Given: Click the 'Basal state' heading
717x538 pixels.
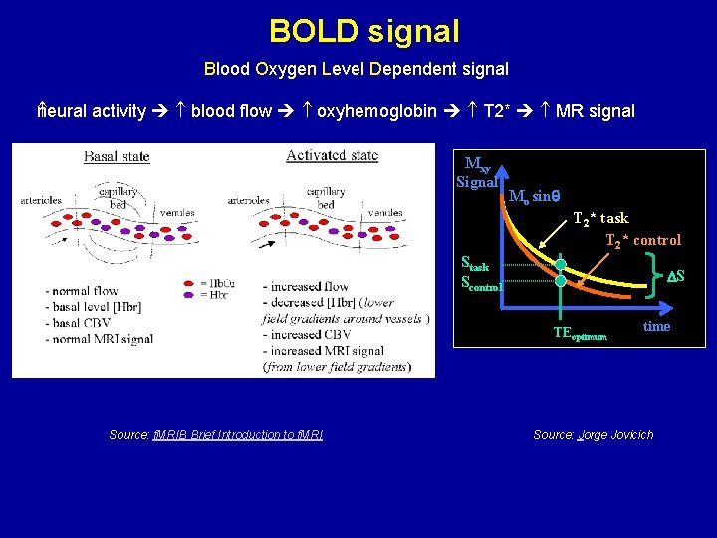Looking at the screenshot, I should (x=117, y=157).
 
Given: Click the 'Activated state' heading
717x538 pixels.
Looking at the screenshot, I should (x=332, y=155).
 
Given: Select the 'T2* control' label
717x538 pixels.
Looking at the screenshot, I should (x=643, y=240).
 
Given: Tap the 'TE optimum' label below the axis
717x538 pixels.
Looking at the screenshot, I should (x=580, y=336).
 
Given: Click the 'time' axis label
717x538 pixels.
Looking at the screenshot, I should (x=656, y=326).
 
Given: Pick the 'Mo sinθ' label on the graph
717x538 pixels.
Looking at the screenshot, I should (x=534, y=196).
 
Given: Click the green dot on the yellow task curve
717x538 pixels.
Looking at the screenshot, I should (x=561, y=265).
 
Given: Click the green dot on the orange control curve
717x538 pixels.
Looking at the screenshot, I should (x=561, y=282).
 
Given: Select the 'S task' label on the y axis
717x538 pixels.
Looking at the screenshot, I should (x=475, y=264).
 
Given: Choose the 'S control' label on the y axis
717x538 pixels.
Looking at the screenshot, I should (x=481, y=282).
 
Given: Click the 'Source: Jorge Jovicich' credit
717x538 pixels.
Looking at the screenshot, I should (x=594, y=434).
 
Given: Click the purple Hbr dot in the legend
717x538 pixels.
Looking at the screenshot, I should (x=189, y=294).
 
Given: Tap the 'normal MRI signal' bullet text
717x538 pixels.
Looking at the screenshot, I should (x=100, y=339).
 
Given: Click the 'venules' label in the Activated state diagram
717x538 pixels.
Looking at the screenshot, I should (x=384, y=212).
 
